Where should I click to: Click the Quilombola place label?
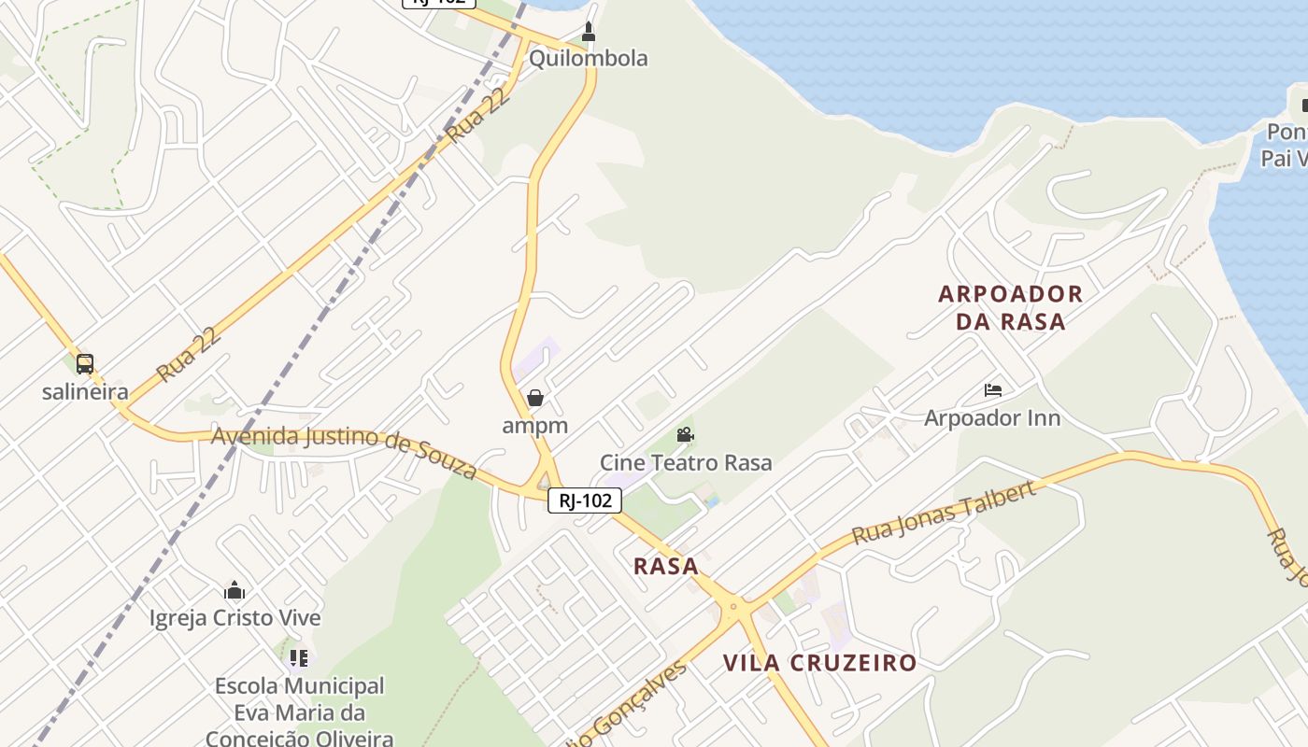point(588,58)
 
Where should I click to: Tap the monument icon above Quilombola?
point(589,32)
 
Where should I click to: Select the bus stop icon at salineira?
point(85,364)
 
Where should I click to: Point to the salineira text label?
point(85,391)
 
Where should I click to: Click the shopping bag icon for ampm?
point(535,399)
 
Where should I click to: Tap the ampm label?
point(535,426)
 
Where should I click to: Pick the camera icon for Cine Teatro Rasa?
point(685,435)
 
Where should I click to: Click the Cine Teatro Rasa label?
point(686,462)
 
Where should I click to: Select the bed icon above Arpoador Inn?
point(993,390)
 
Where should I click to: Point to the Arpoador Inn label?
point(992,417)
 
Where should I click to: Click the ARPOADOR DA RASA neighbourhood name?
point(1011,307)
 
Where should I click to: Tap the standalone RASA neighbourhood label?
point(666,566)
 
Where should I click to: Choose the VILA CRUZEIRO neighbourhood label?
point(819,663)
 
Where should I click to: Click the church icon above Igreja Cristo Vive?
point(235,590)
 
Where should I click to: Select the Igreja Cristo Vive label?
point(235,618)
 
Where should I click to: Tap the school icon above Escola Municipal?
point(299,658)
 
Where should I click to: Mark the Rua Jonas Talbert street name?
point(944,514)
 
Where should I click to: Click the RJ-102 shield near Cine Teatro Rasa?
point(585,500)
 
